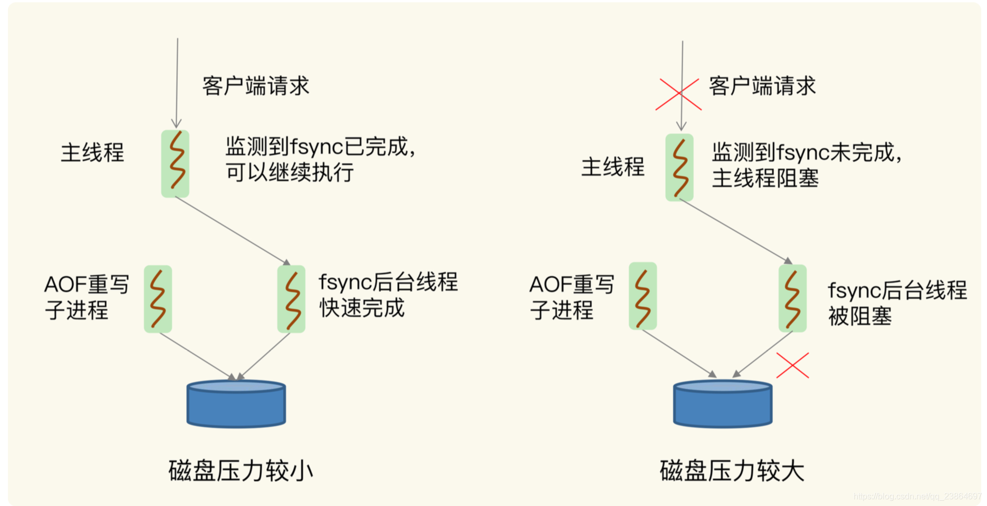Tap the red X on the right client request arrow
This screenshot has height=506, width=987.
click(x=678, y=94)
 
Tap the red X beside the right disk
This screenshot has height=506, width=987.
click(x=792, y=365)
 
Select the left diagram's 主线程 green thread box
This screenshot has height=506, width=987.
click(x=175, y=164)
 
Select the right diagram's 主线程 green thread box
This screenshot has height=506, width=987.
click(x=679, y=168)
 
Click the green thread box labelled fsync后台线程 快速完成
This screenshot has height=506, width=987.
click(x=291, y=299)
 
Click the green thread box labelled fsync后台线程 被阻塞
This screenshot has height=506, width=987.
click(x=792, y=298)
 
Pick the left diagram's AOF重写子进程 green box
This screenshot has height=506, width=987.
click(x=158, y=299)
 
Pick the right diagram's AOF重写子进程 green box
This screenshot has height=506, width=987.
click(x=643, y=296)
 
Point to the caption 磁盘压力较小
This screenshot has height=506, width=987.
click(x=241, y=471)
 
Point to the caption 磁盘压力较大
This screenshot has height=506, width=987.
click(x=732, y=471)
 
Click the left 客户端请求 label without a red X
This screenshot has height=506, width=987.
click(x=255, y=86)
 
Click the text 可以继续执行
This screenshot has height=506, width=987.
click(x=290, y=172)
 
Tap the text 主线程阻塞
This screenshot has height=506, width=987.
click(x=765, y=178)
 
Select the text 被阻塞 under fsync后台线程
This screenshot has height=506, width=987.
click(x=860, y=316)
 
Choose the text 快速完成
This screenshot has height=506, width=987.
click(x=362, y=308)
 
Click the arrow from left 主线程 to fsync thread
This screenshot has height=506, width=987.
click(x=232, y=231)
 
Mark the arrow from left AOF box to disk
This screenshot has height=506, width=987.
click(x=196, y=356)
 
